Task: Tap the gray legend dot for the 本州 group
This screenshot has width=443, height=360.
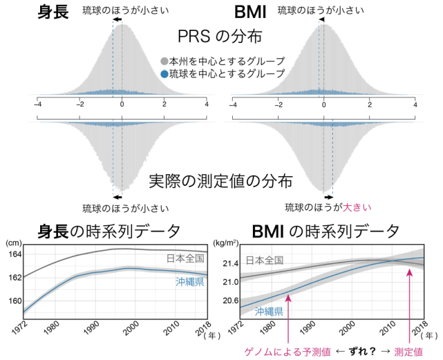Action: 164,61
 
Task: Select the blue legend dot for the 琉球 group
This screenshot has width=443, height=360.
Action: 164,73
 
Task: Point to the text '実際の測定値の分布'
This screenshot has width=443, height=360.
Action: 220,182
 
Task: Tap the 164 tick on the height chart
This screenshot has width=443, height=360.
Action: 16,254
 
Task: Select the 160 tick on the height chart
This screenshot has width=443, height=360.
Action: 16,301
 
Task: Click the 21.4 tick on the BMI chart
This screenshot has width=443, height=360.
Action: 228,263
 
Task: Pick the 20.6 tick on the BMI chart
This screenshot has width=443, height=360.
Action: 228,301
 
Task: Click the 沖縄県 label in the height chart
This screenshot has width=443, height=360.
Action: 186,283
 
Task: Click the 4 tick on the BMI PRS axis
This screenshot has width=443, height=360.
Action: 415,104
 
